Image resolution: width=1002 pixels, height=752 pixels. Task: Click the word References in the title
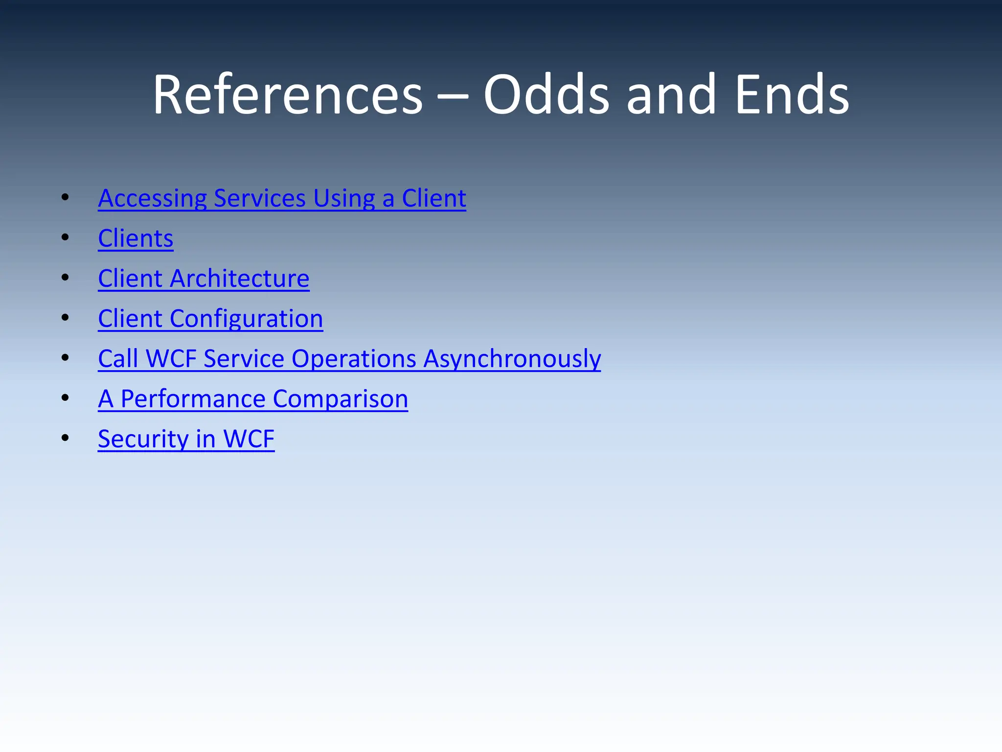click(x=288, y=94)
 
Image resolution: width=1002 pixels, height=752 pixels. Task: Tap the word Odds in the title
click(x=547, y=94)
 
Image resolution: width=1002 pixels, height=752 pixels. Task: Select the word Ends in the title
click(x=792, y=94)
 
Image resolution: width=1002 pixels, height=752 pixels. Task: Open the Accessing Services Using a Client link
click(x=282, y=198)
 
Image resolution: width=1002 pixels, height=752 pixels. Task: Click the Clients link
click(x=136, y=238)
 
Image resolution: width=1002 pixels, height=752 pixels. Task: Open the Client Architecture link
click(x=204, y=279)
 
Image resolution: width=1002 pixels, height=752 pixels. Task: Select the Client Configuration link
click(x=210, y=319)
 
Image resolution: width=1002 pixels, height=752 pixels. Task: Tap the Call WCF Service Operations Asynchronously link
click(x=349, y=359)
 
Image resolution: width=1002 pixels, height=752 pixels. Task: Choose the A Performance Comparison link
click(x=253, y=399)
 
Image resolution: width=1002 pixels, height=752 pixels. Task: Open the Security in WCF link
click(x=186, y=439)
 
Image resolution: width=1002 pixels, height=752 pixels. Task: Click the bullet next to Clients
click(x=65, y=238)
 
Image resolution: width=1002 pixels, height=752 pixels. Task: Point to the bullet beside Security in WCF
click(x=65, y=439)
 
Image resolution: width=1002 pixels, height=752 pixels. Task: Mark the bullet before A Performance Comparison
click(x=65, y=399)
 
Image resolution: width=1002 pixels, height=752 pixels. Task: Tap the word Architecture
click(x=239, y=279)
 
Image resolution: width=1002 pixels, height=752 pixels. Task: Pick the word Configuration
click(x=246, y=319)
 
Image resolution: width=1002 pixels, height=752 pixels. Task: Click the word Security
click(x=143, y=439)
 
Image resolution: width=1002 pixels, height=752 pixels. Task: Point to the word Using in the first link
click(x=344, y=198)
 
